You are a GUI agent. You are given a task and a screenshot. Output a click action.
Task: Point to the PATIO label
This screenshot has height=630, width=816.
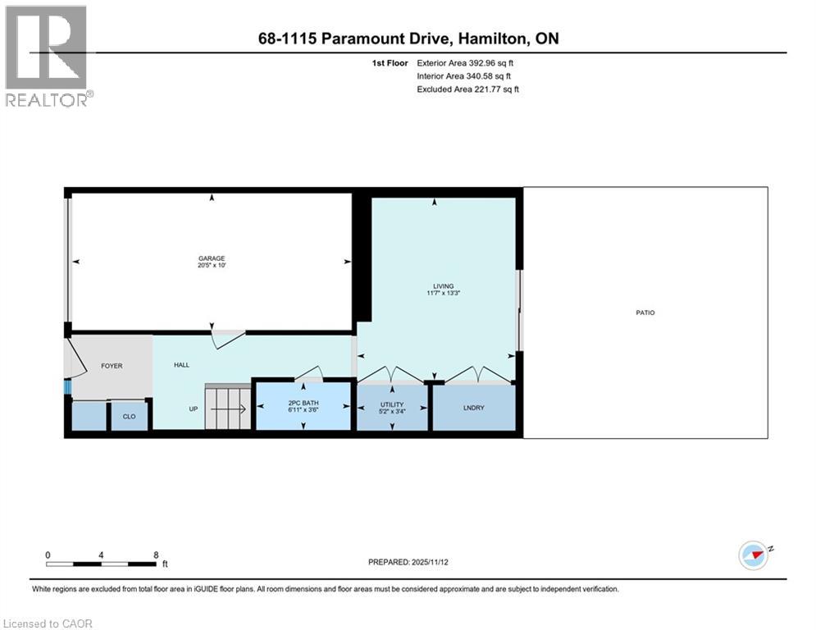click(x=645, y=313)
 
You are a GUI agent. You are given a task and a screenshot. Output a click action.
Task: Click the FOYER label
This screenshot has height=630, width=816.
click(x=112, y=366)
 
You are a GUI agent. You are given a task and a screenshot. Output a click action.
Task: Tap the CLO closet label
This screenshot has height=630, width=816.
click(x=130, y=417)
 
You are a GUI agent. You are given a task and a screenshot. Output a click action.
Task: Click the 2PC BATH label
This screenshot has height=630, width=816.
click(x=303, y=401)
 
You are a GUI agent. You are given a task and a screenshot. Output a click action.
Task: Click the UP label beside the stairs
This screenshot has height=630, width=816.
click(x=194, y=409)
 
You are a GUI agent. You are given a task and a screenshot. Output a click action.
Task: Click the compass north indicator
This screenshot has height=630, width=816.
click(x=754, y=555)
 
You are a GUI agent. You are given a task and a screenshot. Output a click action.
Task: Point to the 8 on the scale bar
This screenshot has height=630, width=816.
click(x=156, y=555)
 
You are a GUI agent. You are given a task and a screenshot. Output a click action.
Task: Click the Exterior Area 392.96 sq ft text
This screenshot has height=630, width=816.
click(x=465, y=62)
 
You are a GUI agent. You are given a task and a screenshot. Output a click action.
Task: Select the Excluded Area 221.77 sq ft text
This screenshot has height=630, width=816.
click(x=467, y=89)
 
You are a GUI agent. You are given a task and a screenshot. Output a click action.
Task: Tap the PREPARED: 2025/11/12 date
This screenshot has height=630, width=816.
click(x=409, y=562)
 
